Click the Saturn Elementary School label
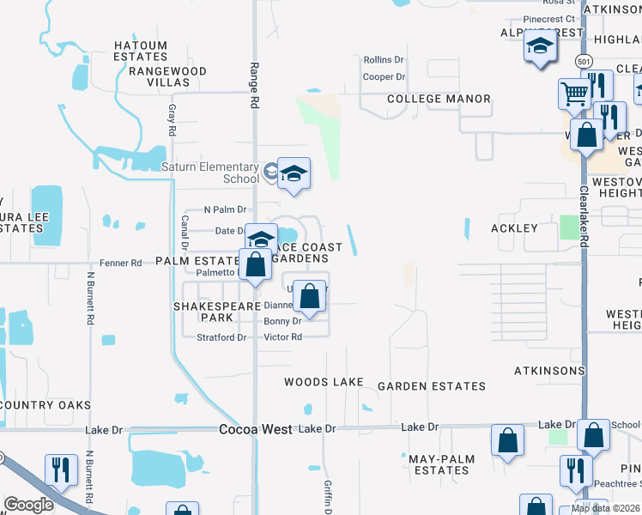pos(210,173)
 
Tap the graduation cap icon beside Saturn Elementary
pos(294,174)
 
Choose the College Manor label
pos(439,99)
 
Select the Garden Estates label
pos(432,386)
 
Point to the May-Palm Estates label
pos(439,464)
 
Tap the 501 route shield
pos(584,62)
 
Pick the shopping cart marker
pos(573,93)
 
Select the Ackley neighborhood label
pos(513,228)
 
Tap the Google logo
pos(28,505)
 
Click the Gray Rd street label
pos(173,121)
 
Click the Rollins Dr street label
pos(383,60)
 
